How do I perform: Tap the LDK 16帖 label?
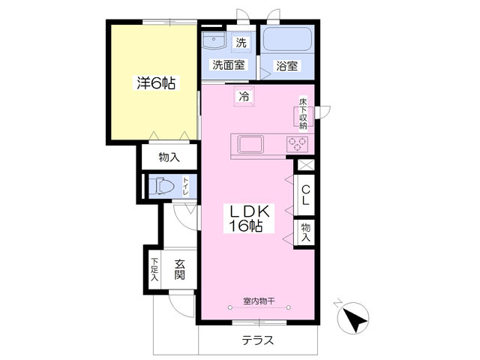point(246,217)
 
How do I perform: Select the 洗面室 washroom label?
point(228,65)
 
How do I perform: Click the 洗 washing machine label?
point(241,41)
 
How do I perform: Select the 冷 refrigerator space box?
point(244,96)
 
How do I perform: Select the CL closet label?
point(306,196)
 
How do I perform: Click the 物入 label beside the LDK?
point(306,230)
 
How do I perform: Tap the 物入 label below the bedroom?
point(169,157)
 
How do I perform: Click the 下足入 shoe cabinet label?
point(154,268)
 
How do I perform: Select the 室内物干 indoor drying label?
point(258,301)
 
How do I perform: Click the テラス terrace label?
point(257,340)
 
